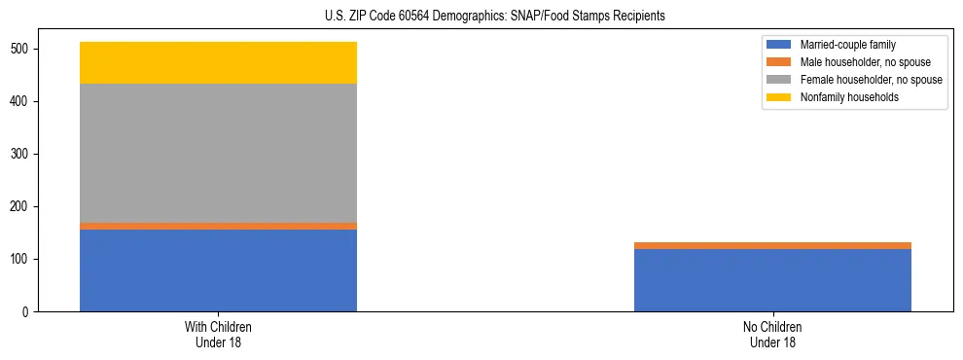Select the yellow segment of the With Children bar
tap(218, 62)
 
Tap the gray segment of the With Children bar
tap(218, 153)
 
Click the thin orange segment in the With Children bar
tap(218, 226)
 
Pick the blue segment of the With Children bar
tap(218, 270)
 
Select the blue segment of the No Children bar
tap(772, 280)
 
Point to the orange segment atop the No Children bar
tap(772, 245)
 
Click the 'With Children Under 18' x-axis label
tap(218, 334)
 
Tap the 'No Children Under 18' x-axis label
tap(772, 334)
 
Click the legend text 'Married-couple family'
tap(847, 45)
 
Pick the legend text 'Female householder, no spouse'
tap(871, 80)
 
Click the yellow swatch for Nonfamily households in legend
tap(779, 97)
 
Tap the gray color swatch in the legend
tap(779, 80)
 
